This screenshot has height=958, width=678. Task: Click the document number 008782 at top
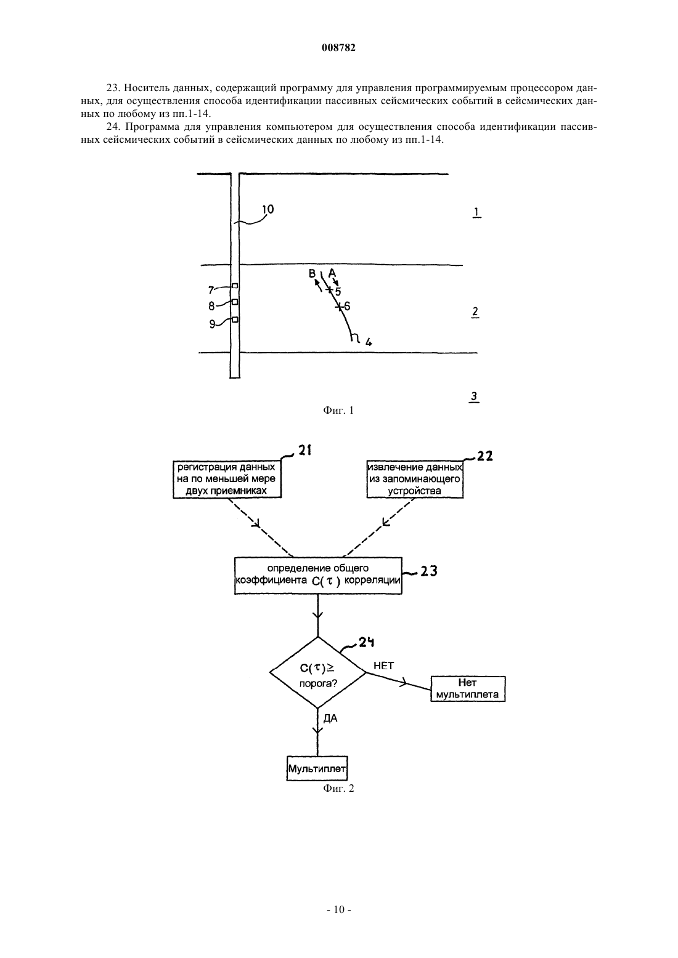[338, 48]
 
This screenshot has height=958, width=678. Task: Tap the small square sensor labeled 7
[235, 286]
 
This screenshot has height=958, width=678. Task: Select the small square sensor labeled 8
[235, 302]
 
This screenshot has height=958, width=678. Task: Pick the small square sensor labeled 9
[235, 320]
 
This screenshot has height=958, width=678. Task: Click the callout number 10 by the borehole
[268, 209]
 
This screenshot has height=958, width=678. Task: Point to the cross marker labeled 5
[329, 291]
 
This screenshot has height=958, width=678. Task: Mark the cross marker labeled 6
[338, 306]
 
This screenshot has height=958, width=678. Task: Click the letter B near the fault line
[312, 273]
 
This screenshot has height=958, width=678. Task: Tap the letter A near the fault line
[332, 272]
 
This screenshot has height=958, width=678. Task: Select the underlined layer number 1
[476, 212]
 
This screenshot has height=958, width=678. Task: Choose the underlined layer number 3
[474, 397]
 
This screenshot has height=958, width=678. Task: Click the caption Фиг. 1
[338, 411]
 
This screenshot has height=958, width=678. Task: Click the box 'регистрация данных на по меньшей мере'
[227, 479]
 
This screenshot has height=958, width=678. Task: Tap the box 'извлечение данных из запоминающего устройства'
[415, 479]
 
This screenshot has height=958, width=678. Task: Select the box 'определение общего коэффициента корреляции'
[318, 576]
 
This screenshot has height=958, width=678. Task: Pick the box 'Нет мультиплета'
[468, 688]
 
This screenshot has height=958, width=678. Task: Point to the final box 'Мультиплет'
[317, 768]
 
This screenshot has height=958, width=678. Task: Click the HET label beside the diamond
[383, 666]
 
